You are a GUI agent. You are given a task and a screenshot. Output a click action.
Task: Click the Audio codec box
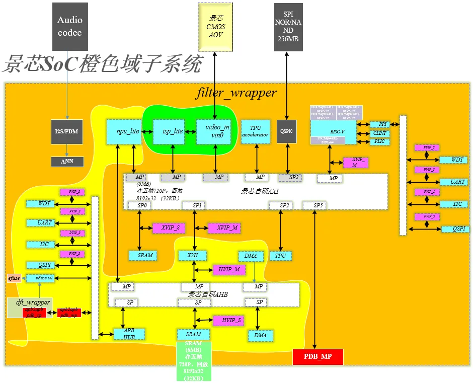pyautogui.click(x=70, y=26)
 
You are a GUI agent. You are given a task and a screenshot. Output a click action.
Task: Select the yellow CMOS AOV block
pyautogui.click(x=215, y=26)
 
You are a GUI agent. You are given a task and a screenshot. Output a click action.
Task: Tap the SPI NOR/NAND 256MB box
pyautogui.click(x=288, y=26)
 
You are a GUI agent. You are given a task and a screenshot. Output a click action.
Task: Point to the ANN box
pyautogui.click(x=67, y=162)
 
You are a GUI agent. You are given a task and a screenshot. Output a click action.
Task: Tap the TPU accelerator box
pyautogui.click(x=256, y=131)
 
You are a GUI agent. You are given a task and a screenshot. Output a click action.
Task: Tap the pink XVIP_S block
pyautogui.click(x=169, y=228)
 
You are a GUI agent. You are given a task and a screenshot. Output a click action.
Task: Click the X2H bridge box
pyautogui.click(x=193, y=256)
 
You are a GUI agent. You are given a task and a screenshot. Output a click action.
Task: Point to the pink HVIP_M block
pyautogui.click(x=229, y=270)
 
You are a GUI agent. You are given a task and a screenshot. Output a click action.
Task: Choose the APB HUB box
pyautogui.click(x=129, y=334)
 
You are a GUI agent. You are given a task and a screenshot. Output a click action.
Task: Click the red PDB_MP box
pyautogui.click(x=318, y=357)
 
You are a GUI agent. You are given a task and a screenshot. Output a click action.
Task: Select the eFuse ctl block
pyautogui.click(x=40, y=278)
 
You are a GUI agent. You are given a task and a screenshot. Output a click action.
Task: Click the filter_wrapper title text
pyautogui.click(x=236, y=93)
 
